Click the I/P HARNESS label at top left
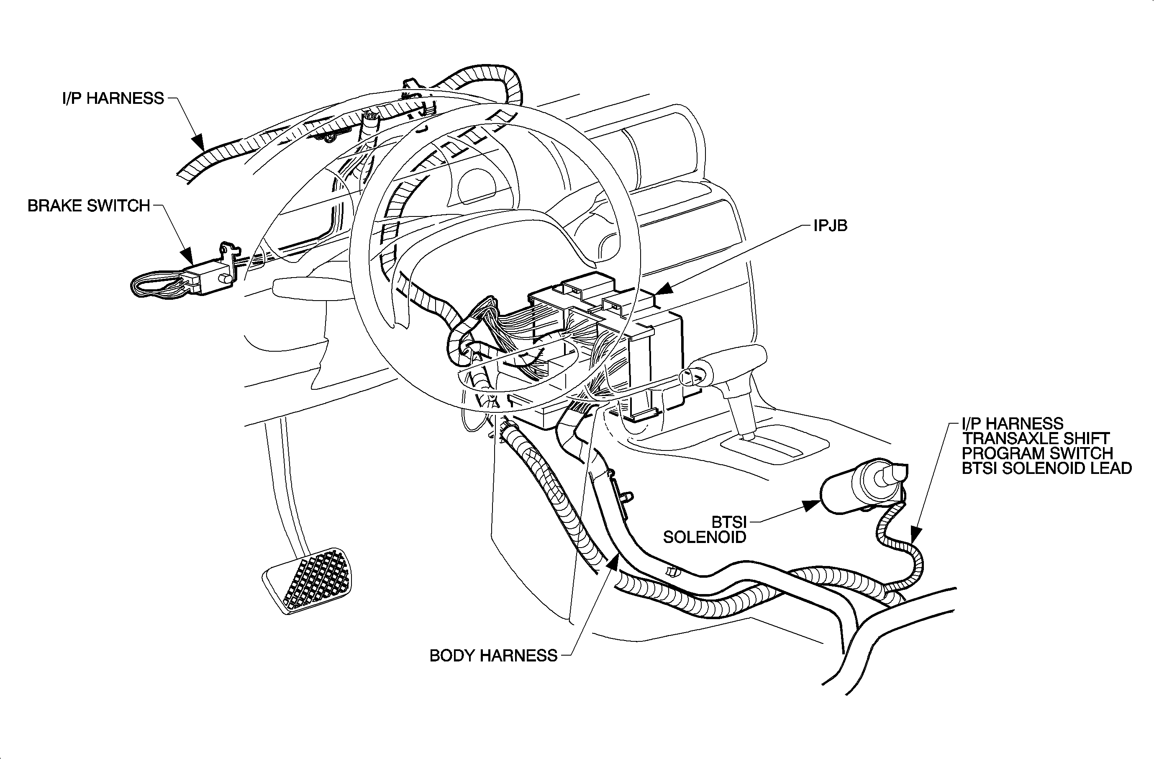[x=113, y=98]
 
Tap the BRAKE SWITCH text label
[x=89, y=206]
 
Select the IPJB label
[x=830, y=226]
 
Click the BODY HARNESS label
[x=493, y=656]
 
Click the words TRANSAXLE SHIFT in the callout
[x=1035, y=438]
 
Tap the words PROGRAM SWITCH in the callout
[x=1037, y=453]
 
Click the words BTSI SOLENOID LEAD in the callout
[x=1046, y=468]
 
